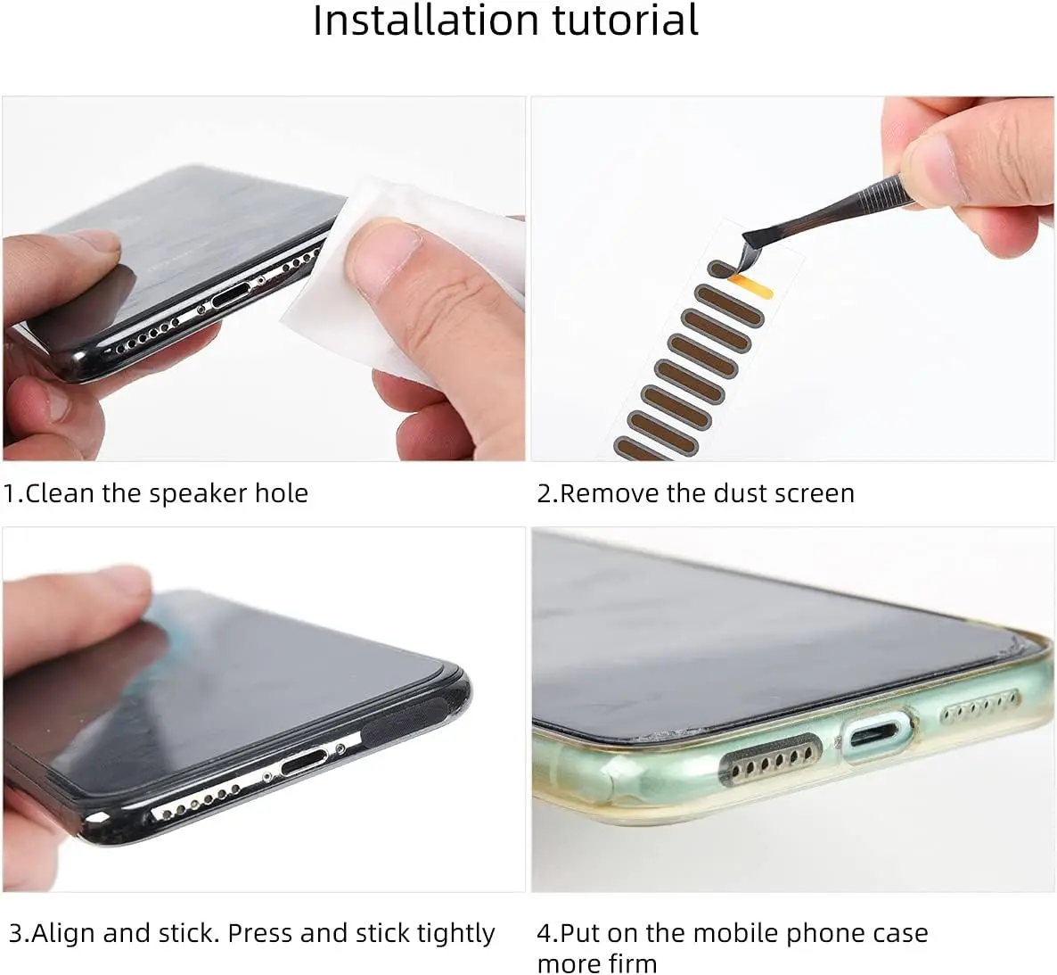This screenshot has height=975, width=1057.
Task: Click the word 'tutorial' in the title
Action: point(626,21)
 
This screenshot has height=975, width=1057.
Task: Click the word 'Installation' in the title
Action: point(425,21)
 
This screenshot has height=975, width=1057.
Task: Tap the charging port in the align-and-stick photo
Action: point(305,762)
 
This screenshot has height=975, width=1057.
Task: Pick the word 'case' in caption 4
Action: point(901,934)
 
